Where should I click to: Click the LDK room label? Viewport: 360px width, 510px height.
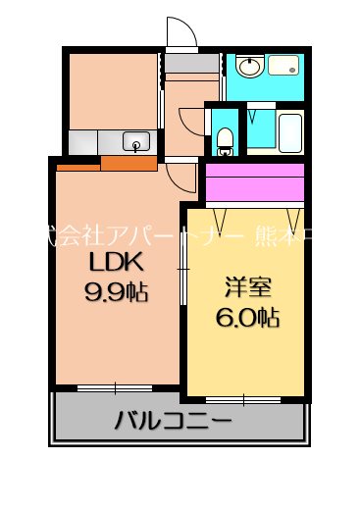[117, 263]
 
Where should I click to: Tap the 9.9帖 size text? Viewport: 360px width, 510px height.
[117, 291]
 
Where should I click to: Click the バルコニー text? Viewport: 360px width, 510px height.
[173, 423]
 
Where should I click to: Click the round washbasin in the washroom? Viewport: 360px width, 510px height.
[248, 68]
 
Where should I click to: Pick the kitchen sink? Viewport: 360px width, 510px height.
[134, 138]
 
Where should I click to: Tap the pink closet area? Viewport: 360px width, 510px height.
[255, 184]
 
